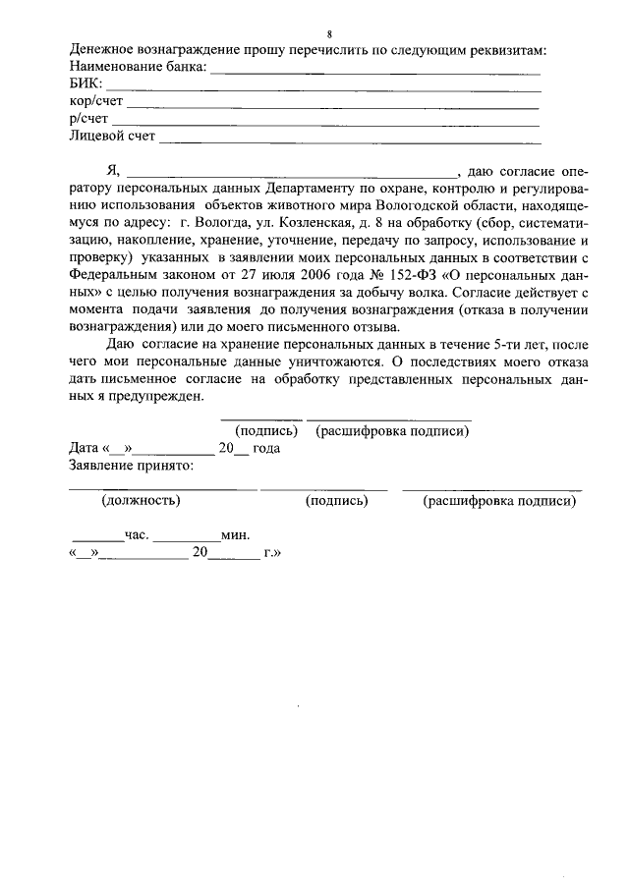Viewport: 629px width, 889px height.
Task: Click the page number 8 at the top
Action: pos(314,33)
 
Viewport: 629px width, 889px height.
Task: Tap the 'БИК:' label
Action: pos(86,83)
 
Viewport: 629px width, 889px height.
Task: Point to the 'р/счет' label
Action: pos(89,119)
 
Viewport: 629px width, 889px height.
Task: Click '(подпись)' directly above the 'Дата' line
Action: pos(265,431)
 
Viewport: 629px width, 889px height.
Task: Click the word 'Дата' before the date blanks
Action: pos(85,448)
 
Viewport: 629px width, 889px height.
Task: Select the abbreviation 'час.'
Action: pos(136,535)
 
